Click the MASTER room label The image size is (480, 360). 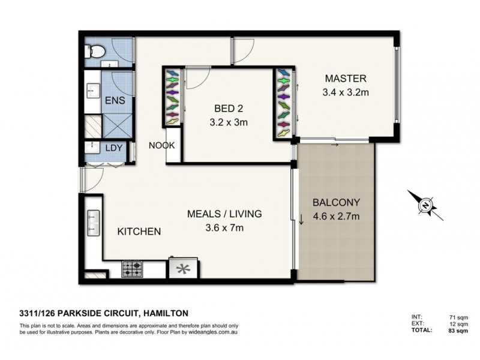(345, 79)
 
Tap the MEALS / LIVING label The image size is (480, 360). (224, 214)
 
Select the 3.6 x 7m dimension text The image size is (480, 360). (224, 227)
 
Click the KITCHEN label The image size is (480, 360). (138, 231)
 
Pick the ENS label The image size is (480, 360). (115, 100)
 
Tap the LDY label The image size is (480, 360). (114, 148)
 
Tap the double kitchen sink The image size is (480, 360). (93, 223)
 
